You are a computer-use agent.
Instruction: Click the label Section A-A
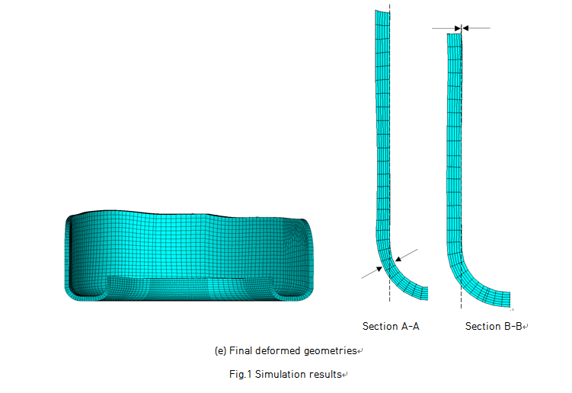click(x=391, y=326)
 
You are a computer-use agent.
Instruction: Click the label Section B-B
click(x=494, y=326)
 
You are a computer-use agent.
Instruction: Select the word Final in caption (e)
click(x=241, y=350)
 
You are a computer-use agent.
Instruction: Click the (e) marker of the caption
click(x=221, y=351)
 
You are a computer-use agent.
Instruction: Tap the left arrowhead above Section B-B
click(x=458, y=28)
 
